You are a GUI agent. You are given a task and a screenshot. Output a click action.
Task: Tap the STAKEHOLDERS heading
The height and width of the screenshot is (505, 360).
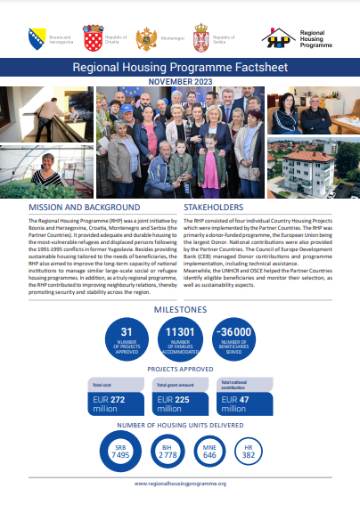point(214,206)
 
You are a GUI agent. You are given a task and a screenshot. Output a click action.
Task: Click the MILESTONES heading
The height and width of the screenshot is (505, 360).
point(180,310)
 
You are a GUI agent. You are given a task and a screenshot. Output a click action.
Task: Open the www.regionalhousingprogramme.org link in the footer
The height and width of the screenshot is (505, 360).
point(180,483)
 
